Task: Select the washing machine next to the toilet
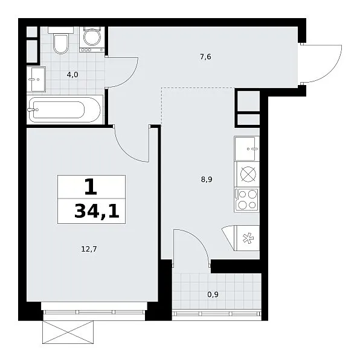click(92, 39)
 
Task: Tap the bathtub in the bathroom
click(65, 110)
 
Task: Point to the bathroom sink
click(36, 79)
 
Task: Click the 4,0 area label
click(72, 75)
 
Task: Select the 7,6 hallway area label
click(205, 57)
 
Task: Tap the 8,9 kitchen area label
click(207, 179)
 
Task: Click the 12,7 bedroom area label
click(89, 249)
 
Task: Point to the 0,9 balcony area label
click(213, 294)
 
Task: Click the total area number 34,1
click(97, 212)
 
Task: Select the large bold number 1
click(91, 187)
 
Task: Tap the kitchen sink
click(246, 148)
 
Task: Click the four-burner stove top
click(247, 200)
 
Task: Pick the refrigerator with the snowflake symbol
click(247, 238)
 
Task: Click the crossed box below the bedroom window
click(68, 332)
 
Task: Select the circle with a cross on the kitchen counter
click(248, 174)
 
